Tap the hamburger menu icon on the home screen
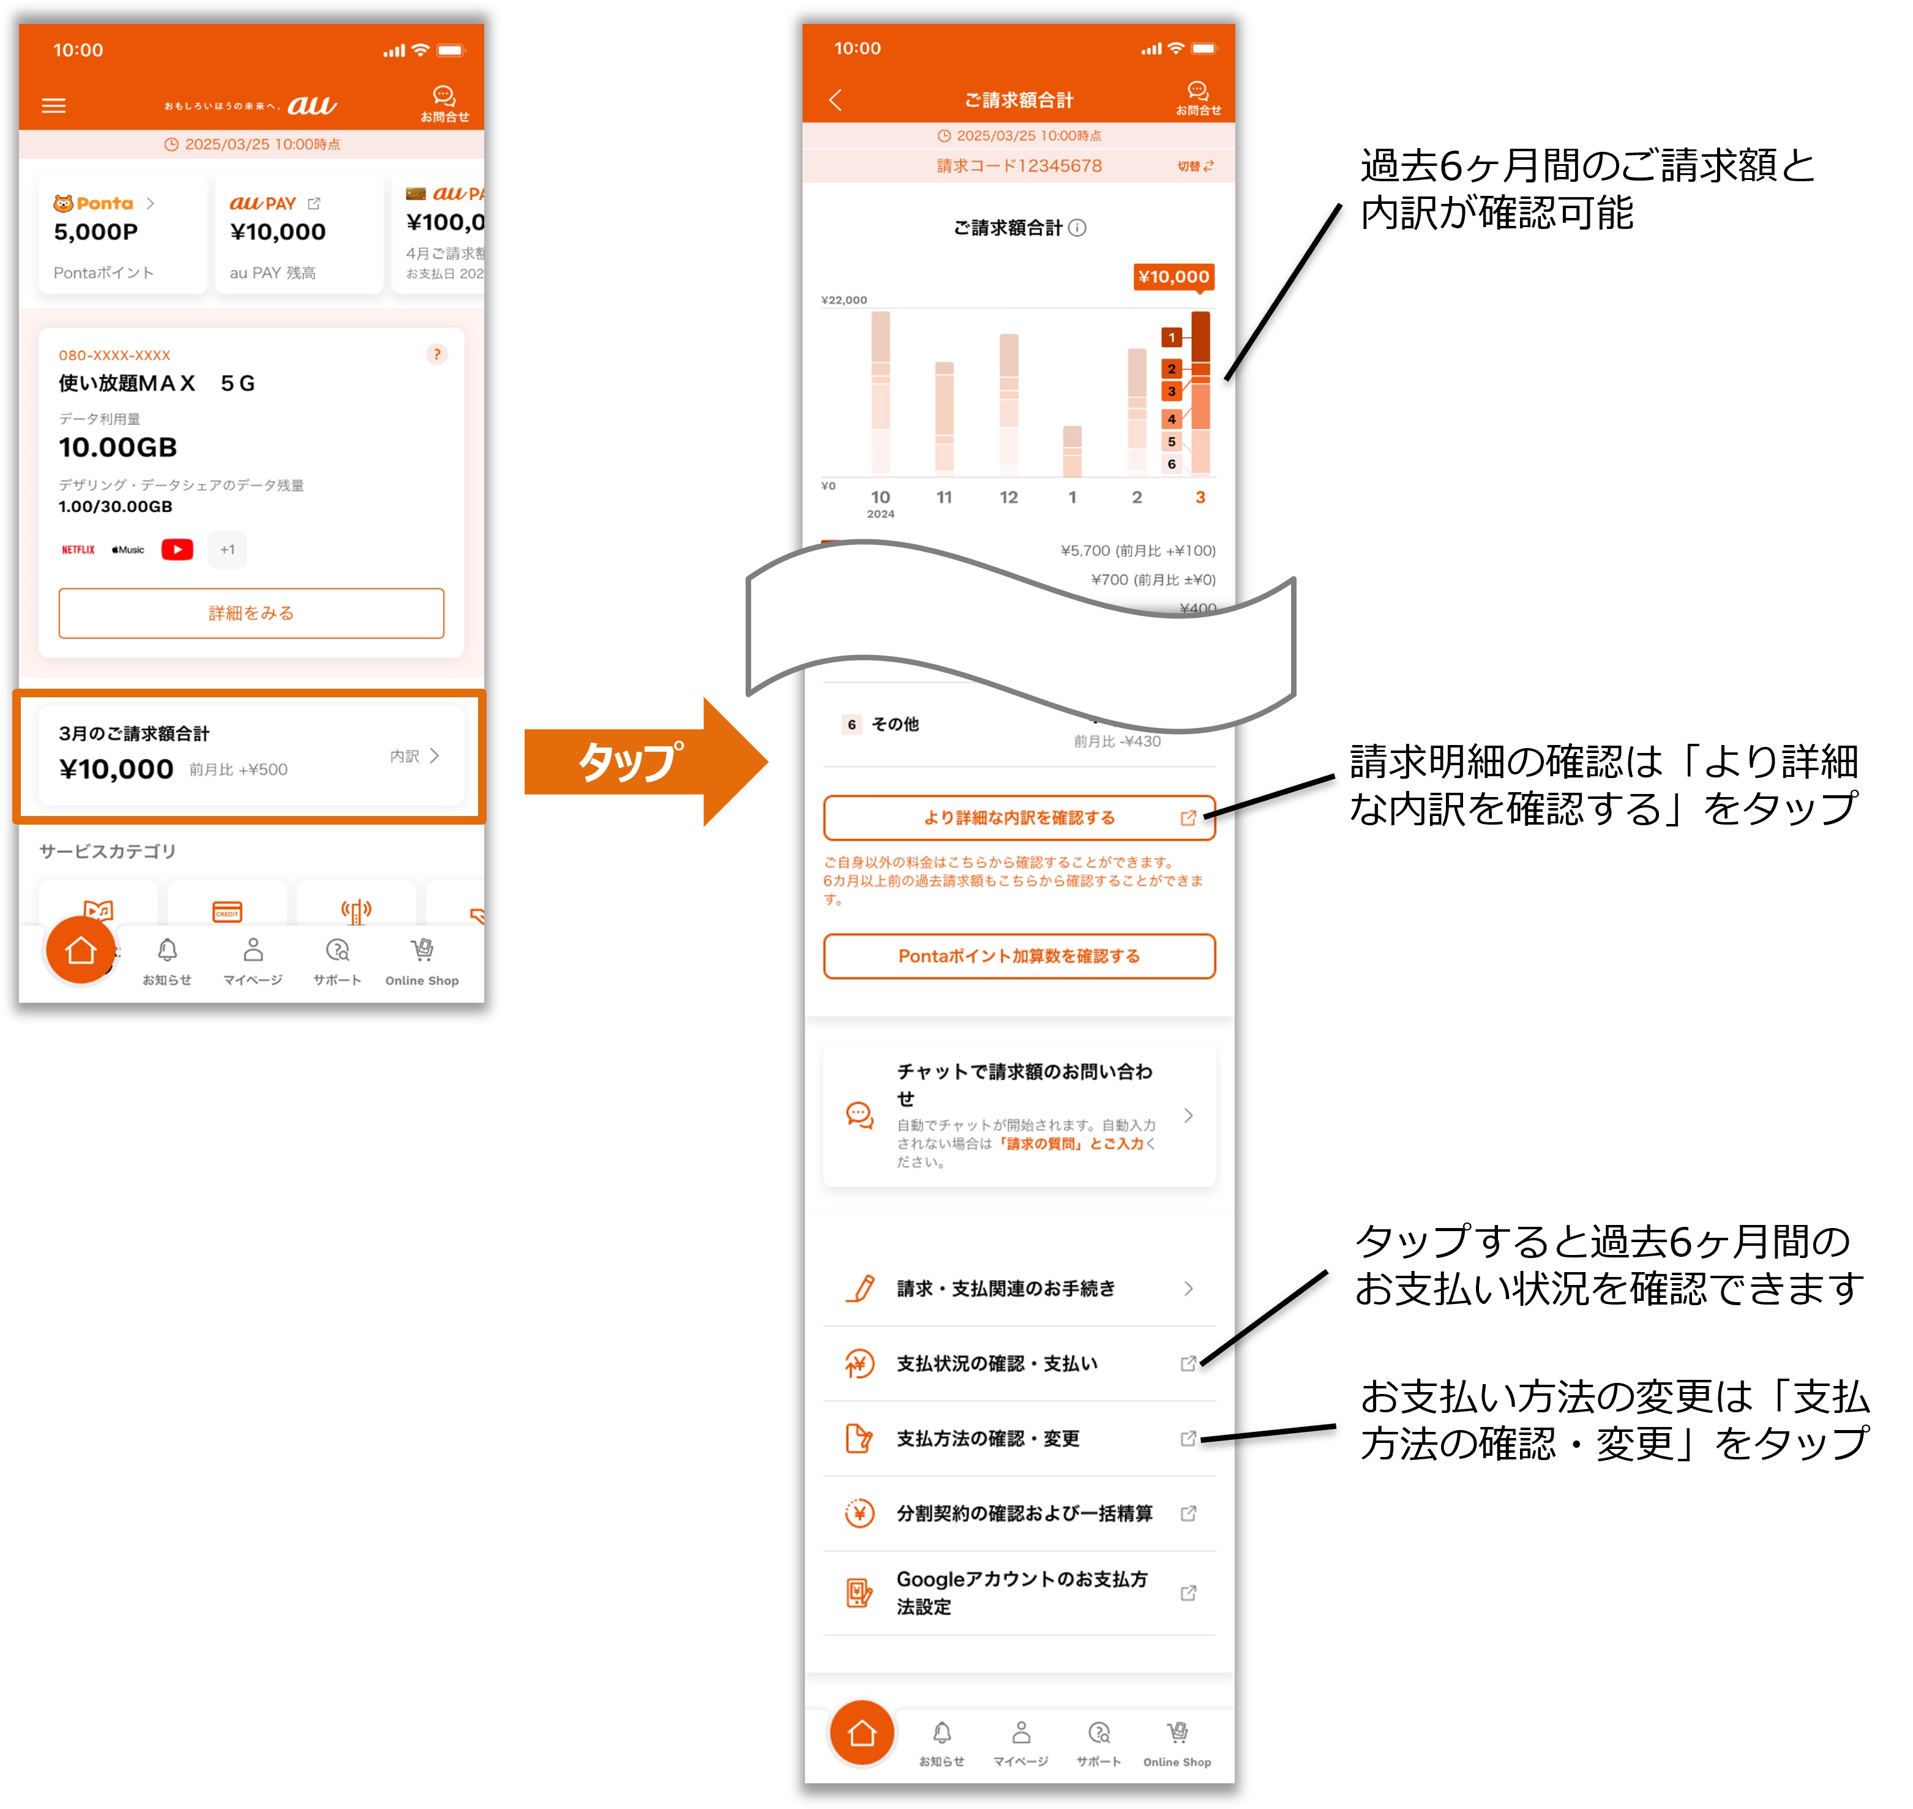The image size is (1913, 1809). pos(54,105)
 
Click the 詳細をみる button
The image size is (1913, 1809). pos(251,613)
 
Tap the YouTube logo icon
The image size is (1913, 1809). pos(178,550)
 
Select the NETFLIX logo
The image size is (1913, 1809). pos(78,550)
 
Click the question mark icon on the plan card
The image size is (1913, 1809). pos(437,355)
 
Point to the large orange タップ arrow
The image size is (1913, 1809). pos(645,762)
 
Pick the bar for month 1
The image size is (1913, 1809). pos(1073,451)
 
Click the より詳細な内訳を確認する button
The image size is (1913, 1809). pos(1019,818)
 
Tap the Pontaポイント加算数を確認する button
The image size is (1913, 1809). pos(1019,957)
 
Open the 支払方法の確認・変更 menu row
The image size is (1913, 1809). pos(1019,1439)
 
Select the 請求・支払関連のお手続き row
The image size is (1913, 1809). pos(1019,1288)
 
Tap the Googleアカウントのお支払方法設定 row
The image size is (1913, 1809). pos(1019,1593)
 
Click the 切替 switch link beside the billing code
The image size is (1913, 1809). pos(1196,166)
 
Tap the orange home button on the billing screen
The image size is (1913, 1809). pos(862,1733)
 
